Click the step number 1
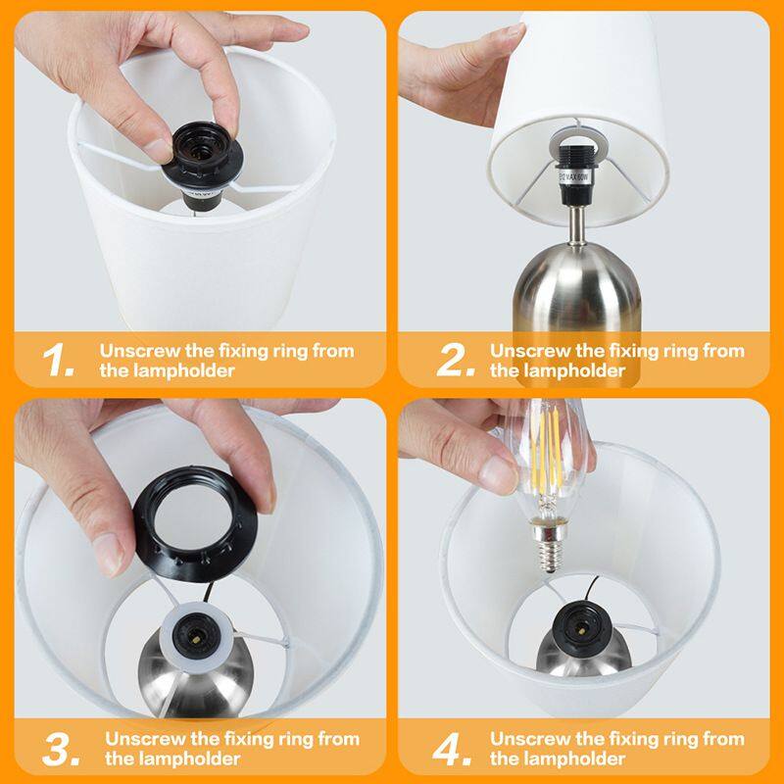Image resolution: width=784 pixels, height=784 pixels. point(58,361)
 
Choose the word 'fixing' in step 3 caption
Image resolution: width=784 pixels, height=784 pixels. point(255,738)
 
